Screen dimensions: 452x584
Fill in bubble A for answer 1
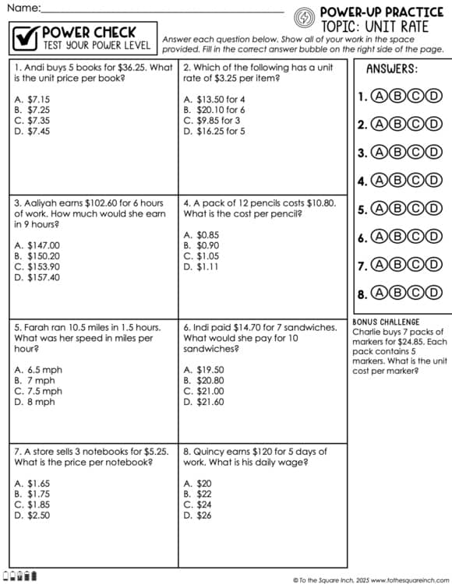tap(380, 97)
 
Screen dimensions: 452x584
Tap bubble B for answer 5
tap(397, 209)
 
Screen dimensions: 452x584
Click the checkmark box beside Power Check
tap(26, 37)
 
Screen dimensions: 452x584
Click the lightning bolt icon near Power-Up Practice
tap(305, 16)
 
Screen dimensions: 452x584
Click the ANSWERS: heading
tap(392, 69)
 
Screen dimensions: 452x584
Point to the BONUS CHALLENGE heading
tap(386, 322)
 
